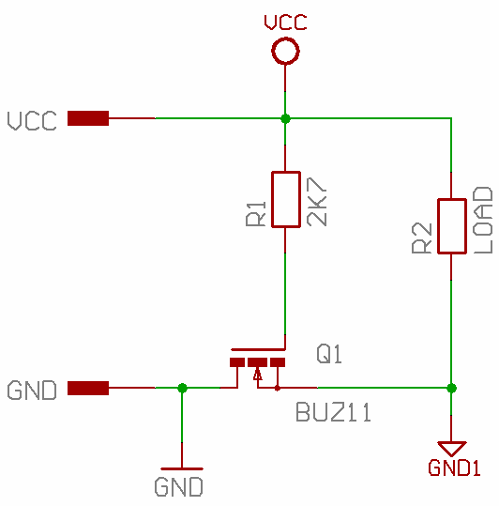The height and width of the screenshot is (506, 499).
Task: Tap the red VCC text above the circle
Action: [285, 23]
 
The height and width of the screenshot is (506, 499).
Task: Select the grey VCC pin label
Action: [32, 121]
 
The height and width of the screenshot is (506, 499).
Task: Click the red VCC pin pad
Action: [88, 118]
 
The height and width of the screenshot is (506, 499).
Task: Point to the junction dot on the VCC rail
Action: [285, 118]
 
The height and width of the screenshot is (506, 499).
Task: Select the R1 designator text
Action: [256, 214]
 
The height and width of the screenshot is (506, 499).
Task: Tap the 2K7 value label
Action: [317, 201]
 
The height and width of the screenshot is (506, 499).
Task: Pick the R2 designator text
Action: [422, 238]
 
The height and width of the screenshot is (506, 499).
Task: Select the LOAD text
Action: [483, 220]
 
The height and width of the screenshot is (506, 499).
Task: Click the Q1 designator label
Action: [329, 354]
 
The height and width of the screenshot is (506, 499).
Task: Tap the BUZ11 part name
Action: [333, 412]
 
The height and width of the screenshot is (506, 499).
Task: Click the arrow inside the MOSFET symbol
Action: [258, 374]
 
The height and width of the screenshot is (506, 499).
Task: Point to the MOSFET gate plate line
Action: [258, 349]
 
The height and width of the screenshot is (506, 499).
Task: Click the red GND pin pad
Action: [88, 388]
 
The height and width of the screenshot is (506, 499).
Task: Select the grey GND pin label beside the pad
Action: [32, 391]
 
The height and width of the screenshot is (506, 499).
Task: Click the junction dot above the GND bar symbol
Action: [182, 388]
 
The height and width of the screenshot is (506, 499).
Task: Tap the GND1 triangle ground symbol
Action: [451, 449]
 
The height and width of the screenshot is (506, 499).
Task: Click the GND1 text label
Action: [454, 468]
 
